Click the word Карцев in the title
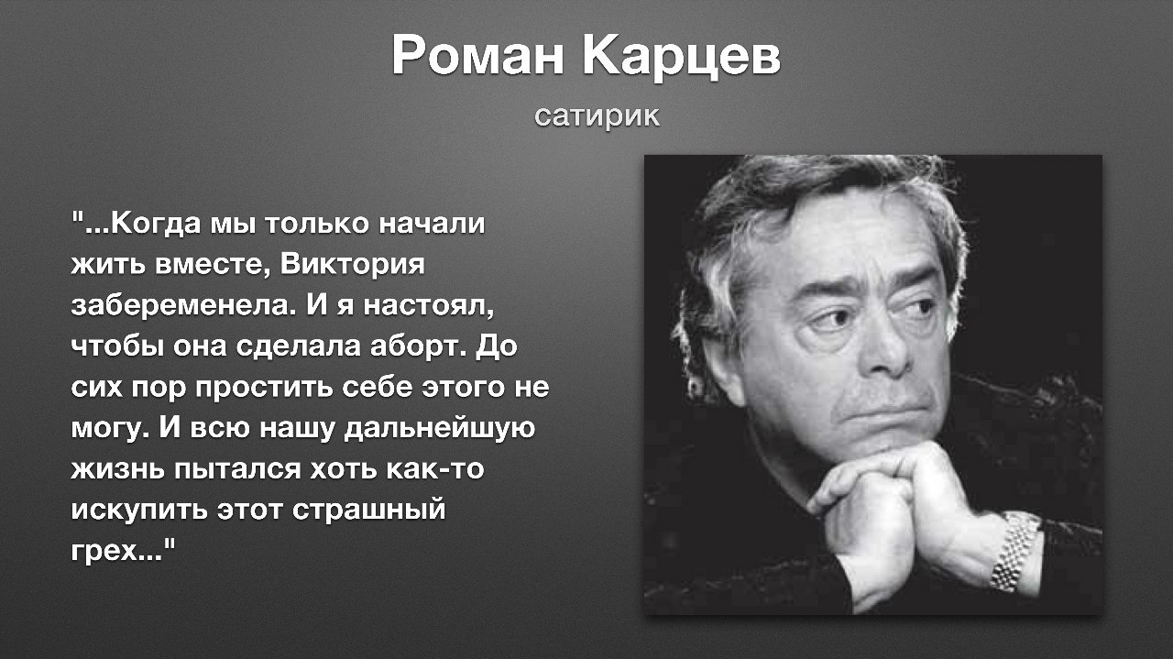681,58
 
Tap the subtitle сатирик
597,116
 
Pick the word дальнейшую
440,429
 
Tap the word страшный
369,511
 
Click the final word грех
116,551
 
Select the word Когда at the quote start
156,224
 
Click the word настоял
429,306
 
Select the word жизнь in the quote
118,469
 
